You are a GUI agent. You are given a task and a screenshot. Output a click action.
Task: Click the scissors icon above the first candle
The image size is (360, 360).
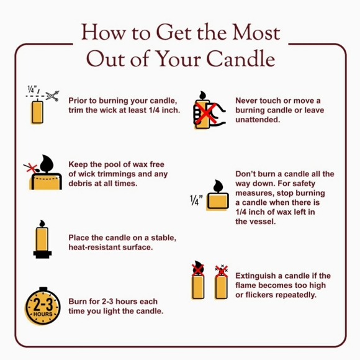coord(53,96)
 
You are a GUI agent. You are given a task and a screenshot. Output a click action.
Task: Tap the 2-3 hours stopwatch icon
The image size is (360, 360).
coord(43,306)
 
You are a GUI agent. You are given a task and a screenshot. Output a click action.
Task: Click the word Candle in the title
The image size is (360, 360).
coord(241,59)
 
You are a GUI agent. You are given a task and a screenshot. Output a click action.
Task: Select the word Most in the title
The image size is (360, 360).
coord(256,32)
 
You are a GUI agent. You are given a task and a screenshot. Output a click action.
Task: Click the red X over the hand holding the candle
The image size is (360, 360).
coord(209,113)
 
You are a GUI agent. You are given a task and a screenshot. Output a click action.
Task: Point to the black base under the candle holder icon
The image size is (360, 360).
coord(42,254)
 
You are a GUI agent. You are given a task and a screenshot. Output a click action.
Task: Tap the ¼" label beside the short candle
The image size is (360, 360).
coord(196,200)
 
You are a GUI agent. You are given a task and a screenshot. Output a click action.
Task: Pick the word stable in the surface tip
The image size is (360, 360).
coord(163,238)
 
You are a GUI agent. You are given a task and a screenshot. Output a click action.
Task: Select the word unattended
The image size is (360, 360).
coord(258,120)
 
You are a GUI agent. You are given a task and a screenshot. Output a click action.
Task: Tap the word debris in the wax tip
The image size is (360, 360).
coord(79,184)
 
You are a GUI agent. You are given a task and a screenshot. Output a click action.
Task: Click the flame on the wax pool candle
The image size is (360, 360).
coord(47,163)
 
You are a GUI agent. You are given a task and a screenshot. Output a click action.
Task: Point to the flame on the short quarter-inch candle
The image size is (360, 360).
coord(218,186)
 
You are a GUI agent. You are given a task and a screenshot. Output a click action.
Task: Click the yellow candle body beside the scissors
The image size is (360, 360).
coord(37,112)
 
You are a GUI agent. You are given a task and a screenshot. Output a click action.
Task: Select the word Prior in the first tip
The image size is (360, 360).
coord(78,101)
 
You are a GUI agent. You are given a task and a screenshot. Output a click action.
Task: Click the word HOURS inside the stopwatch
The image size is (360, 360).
coord(43,314)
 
